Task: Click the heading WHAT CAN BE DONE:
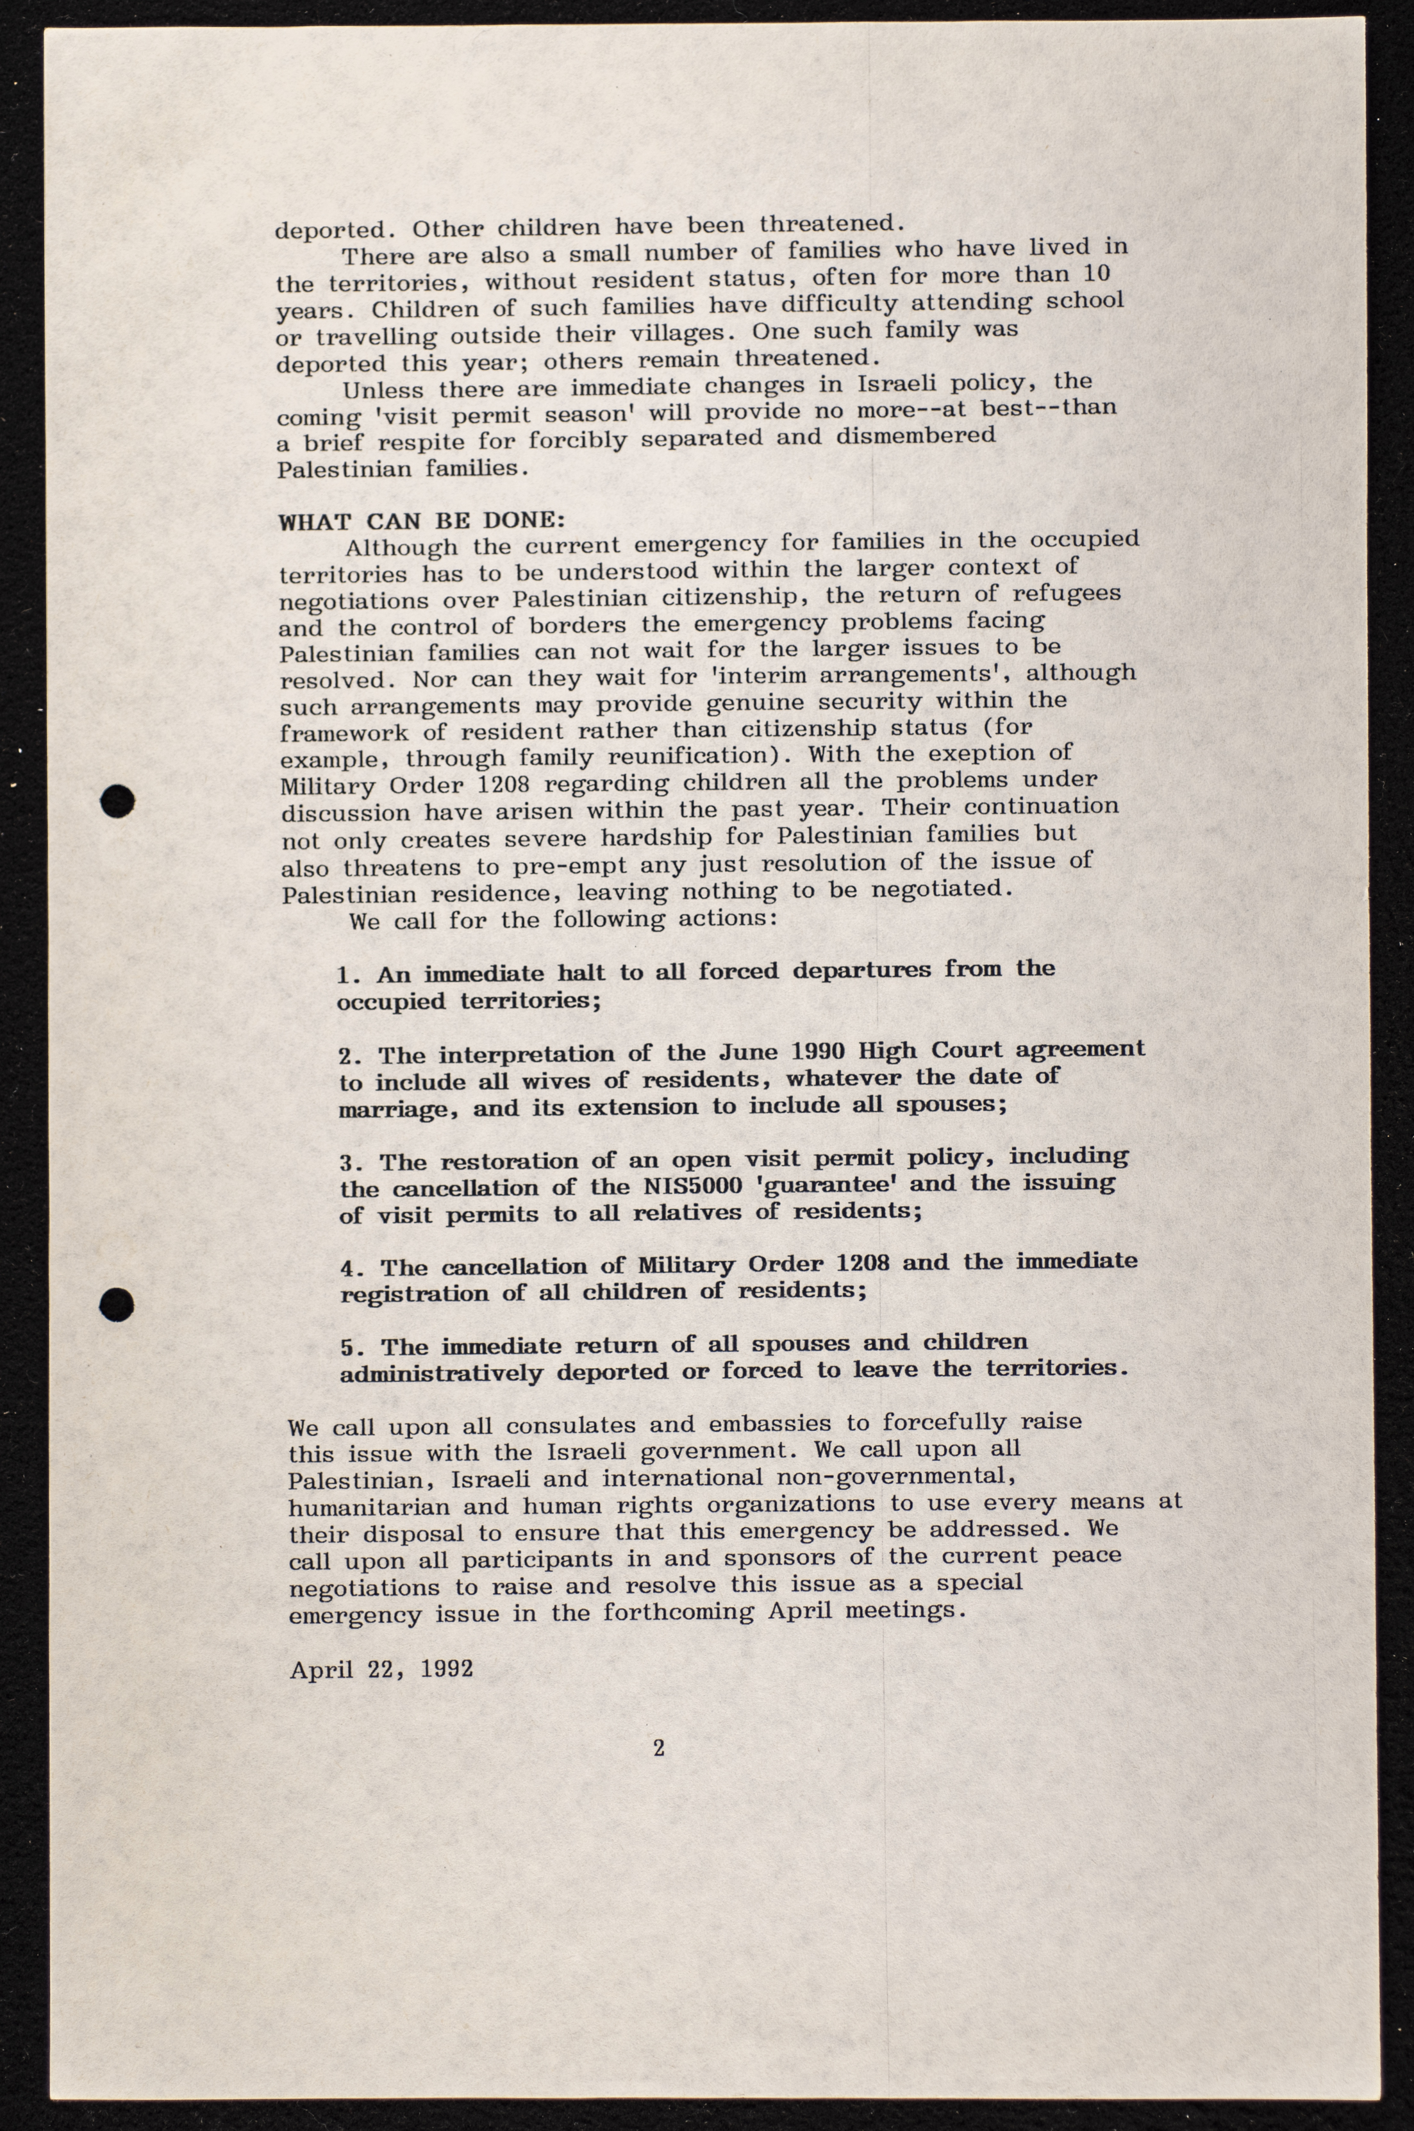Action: point(421,521)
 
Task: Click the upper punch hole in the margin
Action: point(118,801)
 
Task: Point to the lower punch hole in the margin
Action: point(118,1303)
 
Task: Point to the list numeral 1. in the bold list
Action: point(350,975)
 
